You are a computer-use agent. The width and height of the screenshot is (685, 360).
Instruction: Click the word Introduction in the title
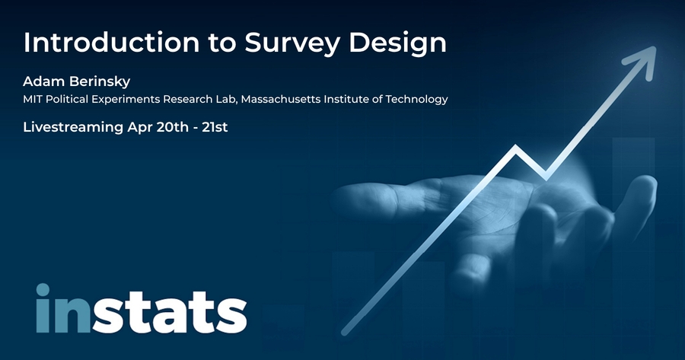point(111,43)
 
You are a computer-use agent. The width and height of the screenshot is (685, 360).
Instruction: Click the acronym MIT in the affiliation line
point(32,100)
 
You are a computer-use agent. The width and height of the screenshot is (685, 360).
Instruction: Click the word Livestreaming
point(73,128)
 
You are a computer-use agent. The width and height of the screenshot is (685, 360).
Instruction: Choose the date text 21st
point(215,127)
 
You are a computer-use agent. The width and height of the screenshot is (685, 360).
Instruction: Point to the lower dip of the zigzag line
point(546,177)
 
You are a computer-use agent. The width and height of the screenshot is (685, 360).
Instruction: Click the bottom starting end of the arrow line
point(345,333)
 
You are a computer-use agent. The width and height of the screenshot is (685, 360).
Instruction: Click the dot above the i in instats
point(43,290)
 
